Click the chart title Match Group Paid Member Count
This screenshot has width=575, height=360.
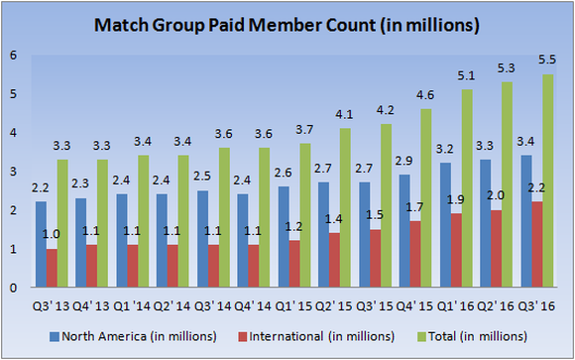[x=287, y=21]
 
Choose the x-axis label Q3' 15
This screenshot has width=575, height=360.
[x=371, y=302]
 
